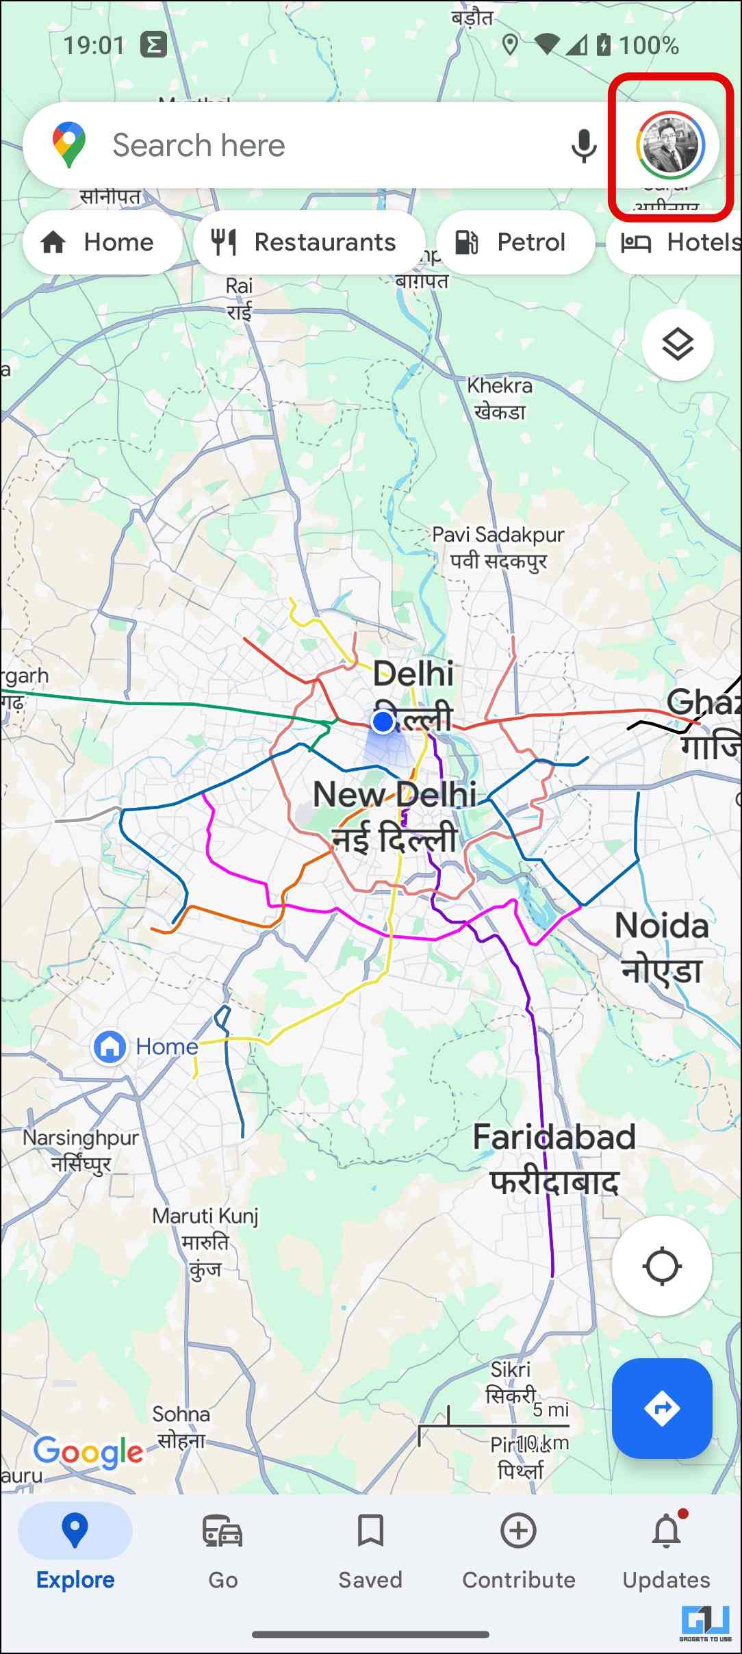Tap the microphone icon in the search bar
click(x=583, y=145)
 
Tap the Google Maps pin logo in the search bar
click(x=68, y=145)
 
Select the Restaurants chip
click(x=309, y=242)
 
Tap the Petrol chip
click(x=515, y=242)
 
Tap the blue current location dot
click(x=383, y=721)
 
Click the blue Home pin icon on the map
click(x=110, y=1046)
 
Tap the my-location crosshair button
click(x=662, y=1267)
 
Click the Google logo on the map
click(x=88, y=1451)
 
